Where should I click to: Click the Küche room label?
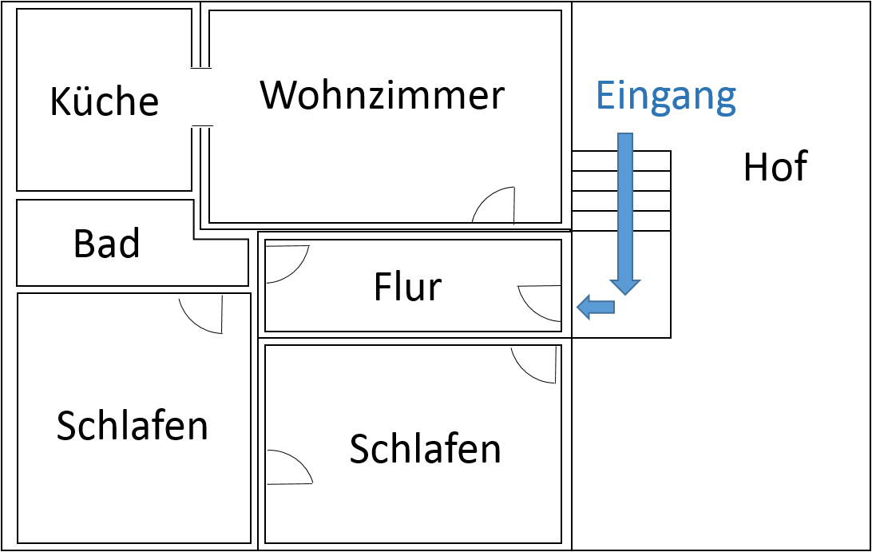tap(104, 102)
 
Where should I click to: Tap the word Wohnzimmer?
tap(382, 95)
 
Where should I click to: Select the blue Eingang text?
tap(665, 95)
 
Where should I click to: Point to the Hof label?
tap(775, 167)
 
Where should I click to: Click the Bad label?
tap(106, 244)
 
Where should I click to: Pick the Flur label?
tap(407, 287)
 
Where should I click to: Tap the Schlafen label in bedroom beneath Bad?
tap(133, 425)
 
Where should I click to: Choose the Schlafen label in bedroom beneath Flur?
tap(426, 448)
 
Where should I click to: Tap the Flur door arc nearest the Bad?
tap(285, 263)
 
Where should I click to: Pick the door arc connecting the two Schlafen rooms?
tap(288, 468)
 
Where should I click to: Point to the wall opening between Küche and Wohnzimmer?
tap(201, 97)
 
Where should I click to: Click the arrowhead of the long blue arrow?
tap(625, 286)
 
